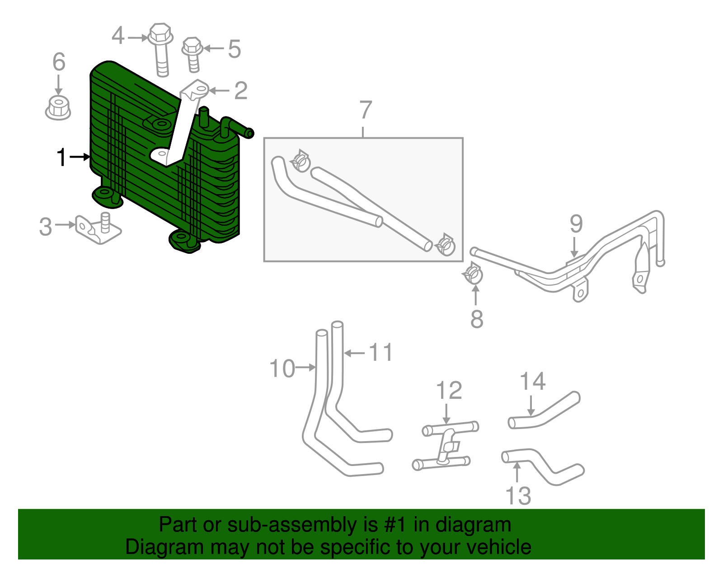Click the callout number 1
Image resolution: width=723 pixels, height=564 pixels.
pos(61,158)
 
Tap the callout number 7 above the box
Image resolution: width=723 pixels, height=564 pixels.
pos(365,110)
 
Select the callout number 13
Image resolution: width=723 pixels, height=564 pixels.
pos(518,496)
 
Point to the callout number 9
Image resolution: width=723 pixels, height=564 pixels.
pos(576,224)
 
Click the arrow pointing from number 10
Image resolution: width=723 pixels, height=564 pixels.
pos(306,368)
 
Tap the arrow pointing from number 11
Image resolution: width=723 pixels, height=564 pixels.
pos(354,353)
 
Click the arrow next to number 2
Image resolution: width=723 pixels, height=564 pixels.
pos(220,91)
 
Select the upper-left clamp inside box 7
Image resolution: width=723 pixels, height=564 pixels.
pos(300,160)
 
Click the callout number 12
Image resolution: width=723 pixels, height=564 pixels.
pos(449,391)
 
